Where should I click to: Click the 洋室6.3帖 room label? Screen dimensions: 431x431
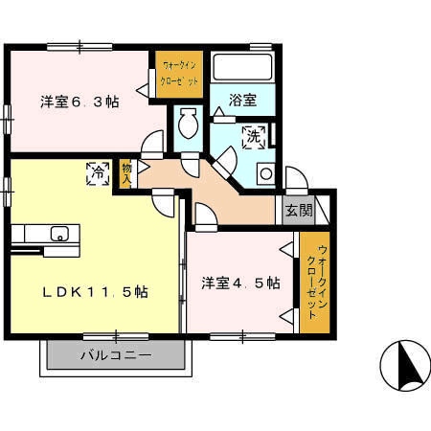pos(79,102)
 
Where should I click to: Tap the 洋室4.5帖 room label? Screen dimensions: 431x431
pos(240,283)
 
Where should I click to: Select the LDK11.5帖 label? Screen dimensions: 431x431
pos(96,292)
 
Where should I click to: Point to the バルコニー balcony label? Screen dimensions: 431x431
pos(116,355)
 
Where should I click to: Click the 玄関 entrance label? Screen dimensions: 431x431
pos(299,211)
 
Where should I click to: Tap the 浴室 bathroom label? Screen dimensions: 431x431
pos(242,101)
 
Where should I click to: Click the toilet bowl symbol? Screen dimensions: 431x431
pos(188,124)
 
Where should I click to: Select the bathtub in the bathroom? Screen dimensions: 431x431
pos(242,67)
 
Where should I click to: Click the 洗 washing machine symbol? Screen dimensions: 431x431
pos(254,137)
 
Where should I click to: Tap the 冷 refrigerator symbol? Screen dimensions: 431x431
pos(98,174)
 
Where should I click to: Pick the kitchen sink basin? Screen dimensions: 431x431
pos(59,234)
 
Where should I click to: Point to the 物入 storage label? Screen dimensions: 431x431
pos(126,174)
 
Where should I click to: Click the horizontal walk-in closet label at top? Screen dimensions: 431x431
pos(179,74)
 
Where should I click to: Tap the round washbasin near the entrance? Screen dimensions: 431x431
pos(266,174)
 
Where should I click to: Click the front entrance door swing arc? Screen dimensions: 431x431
pos(303,172)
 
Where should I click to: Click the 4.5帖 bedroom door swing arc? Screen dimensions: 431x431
pos(211,209)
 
